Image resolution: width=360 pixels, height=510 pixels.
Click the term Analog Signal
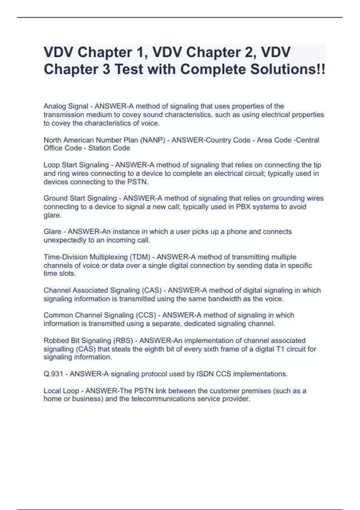(x=66, y=106)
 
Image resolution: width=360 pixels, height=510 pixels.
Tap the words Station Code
(x=109, y=148)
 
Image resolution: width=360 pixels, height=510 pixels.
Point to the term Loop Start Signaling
(x=76, y=165)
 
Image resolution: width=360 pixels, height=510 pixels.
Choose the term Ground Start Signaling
(x=80, y=198)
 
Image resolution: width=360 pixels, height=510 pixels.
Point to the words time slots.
(x=60, y=274)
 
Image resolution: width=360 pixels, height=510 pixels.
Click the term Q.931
(x=53, y=374)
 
